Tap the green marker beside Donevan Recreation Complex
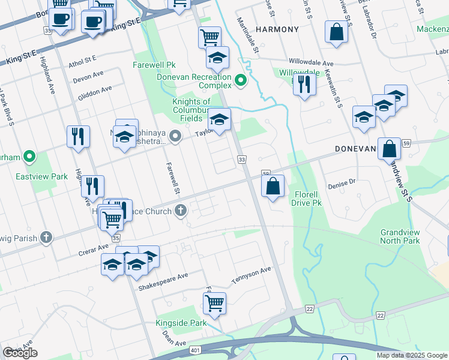point(241,80)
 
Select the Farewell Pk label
point(154,64)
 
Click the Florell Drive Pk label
point(309,199)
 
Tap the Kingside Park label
point(181,323)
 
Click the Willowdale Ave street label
point(311,62)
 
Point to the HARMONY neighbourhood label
point(277,29)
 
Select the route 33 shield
point(242,160)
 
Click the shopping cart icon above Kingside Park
point(214,303)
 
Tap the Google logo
point(20,353)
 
